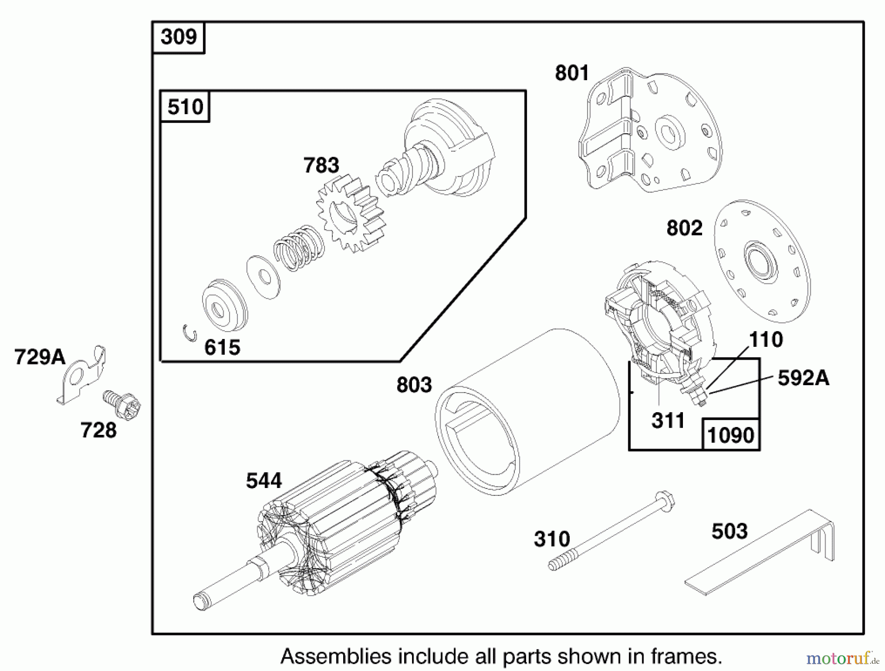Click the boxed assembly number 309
(x=178, y=37)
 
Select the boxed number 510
(x=185, y=107)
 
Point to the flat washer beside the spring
(x=264, y=277)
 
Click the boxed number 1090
(x=731, y=435)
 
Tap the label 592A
(x=803, y=378)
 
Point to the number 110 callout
(x=766, y=339)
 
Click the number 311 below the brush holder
(x=668, y=421)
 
